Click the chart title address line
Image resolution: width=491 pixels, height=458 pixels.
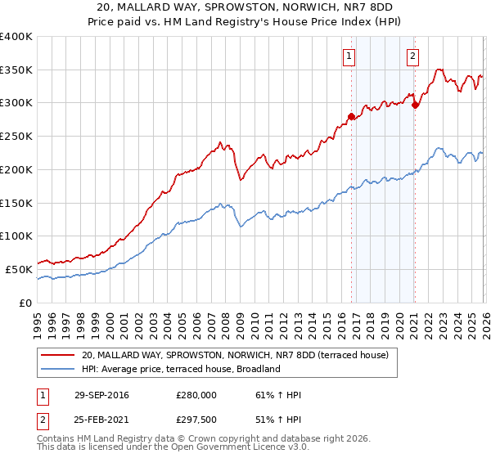tap(245, 7)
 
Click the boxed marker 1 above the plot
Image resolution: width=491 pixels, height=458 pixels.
tap(349, 56)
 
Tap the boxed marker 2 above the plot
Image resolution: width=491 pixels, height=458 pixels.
tap(412, 56)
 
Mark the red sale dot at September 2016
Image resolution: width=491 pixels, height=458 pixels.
tap(351, 117)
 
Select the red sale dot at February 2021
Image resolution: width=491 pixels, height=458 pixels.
tap(415, 105)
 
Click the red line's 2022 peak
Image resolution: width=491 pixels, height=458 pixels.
tap(439, 70)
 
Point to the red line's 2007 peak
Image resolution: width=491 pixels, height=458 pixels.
tap(221, 143)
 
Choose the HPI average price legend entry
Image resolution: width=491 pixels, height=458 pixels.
tap(181, 369)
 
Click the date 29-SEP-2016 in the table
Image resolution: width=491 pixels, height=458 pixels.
tap(101, 395)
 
